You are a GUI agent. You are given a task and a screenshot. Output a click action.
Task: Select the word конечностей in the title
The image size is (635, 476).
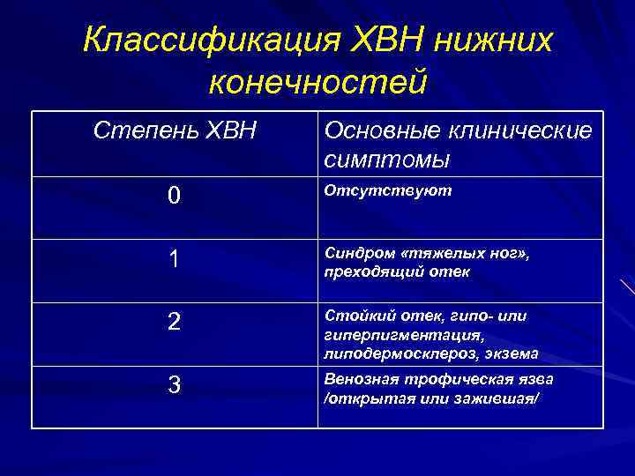pyautogui.click(x=317, y=82)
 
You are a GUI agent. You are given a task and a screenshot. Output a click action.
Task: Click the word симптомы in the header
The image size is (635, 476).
pyautogui.click(x=387, y=160)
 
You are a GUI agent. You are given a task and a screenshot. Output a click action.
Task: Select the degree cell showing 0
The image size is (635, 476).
pyautogui.click(x=175, y=196)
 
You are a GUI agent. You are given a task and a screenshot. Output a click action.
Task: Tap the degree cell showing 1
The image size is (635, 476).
pyautogui.click(x=175, y=259)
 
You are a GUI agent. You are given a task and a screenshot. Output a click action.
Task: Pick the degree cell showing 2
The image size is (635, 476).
pyautogui.click(x=175, y=322)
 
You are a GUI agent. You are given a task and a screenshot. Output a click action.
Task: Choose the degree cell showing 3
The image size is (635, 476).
pyautogui.click(x=175, y=385)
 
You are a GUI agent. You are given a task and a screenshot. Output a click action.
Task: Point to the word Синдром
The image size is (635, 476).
pyautogui.click(x=359, y=253)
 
